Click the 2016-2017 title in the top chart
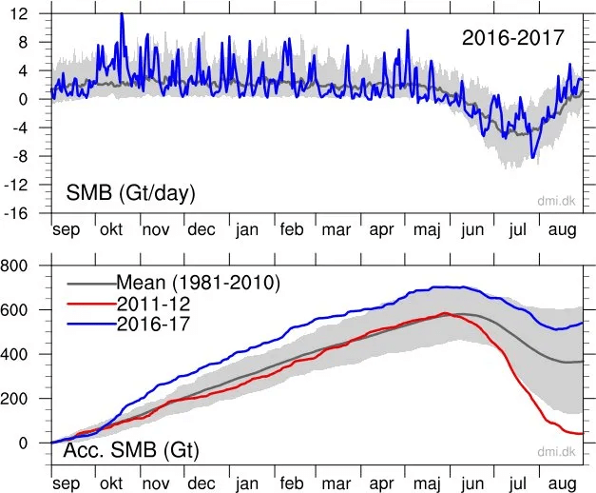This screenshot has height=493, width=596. (512, 38)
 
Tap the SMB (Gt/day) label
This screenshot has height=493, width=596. (130, 193)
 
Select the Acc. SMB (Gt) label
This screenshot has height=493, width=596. (131, 450)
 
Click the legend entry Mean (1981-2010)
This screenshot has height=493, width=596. (198, 283)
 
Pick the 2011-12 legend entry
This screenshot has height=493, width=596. (153, 304)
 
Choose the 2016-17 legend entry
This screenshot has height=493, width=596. (153, 324)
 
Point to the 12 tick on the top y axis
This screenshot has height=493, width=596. (19, 14)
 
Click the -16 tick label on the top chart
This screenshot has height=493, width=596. (16, 213)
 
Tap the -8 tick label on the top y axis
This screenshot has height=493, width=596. (20, 156)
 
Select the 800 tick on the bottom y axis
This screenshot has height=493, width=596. (14, 266)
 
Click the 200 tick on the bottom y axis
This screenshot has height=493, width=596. (14, 399)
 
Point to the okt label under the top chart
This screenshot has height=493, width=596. (111, 229)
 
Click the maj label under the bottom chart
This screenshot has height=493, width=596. (427, 484)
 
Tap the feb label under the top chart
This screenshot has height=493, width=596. (292, 229)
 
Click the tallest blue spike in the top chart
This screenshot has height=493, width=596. (122, 14)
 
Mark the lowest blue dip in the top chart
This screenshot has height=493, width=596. (532, 157)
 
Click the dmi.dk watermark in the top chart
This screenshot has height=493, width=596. (556, 201)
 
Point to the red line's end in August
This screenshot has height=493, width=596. (583, 434)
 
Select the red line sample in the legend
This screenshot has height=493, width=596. (91, 304)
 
